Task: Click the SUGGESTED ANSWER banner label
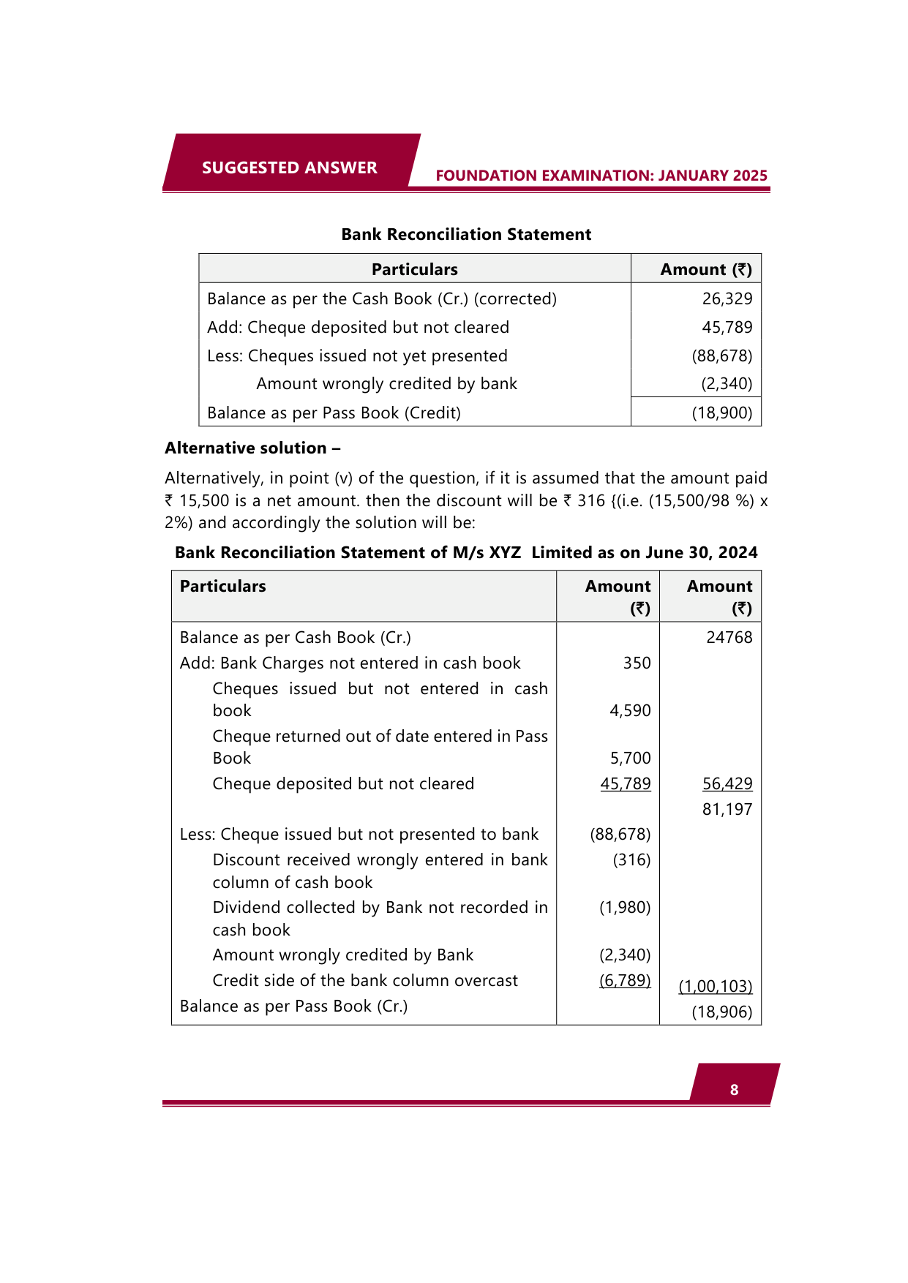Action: (x=289, y=168)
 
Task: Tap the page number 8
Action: (x=734, y=1090)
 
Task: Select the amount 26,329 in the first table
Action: (x=727, y=298)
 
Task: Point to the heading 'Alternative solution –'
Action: (x=252, y=448)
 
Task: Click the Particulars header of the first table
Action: (x=414, y=269)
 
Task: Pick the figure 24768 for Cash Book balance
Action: (x=729, y=637)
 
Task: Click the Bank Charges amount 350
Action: (x=637, y=663)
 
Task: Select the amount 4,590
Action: (x=629, y=710)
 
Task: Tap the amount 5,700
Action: (x=630, y=758)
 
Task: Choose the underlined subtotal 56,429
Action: (x=727, y=783)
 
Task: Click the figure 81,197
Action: (x=727, y=809)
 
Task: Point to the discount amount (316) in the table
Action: (x=631, y=859)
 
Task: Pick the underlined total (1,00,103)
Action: (x=715, y=986)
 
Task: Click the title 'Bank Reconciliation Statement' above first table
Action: (x=466, y=234)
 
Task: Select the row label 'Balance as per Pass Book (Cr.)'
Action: (x=293, y=1006)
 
